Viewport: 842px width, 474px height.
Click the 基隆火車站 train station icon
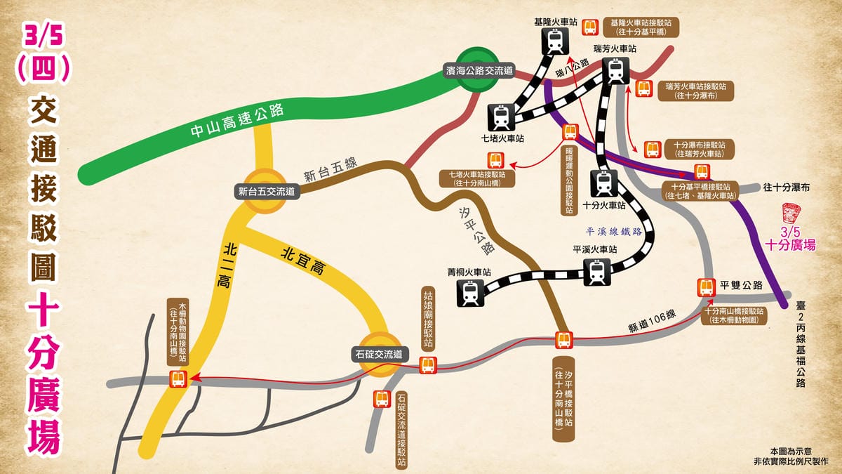click(x=556, y=41)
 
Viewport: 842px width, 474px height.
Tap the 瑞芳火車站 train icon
click(x=615, y=70)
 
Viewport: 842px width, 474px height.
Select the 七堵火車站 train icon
click(x=500, y=114)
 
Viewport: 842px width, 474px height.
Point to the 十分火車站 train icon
click(x=603, y=183)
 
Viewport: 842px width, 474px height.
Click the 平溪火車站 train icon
click(x=597, y=272)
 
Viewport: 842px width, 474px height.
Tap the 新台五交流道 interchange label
click(x=267, y=190)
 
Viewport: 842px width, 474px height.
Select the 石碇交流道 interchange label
click(x=379, y=354)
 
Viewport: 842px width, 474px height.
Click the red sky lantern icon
click(x=791, y=213)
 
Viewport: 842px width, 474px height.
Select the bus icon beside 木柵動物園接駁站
click(x=178, y=379)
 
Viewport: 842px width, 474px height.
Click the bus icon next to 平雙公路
click(x=706, y=287)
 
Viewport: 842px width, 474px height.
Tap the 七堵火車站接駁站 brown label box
click(x=478, y=178)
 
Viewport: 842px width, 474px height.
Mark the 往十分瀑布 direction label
click(x=787, y=187)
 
